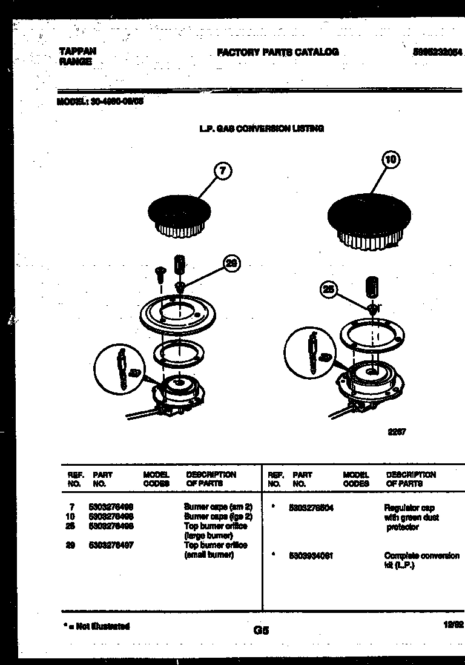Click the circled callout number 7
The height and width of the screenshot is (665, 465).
click(223, 171)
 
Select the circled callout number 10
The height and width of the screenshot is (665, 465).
click(391, 160)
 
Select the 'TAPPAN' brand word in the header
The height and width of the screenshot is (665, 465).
click(78, 51)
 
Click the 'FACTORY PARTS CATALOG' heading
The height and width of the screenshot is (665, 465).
click(277, 53)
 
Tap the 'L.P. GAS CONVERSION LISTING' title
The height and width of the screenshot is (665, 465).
click(262, 128)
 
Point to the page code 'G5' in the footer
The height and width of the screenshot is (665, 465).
click(260, 630)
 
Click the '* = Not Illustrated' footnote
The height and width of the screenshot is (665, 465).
click(96, 626)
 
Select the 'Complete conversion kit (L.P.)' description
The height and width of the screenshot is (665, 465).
click(421, 560)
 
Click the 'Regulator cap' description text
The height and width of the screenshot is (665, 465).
click(409, 508)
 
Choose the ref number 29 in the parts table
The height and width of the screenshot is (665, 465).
click(71, 545)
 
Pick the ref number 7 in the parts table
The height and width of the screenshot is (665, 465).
click(71, 506)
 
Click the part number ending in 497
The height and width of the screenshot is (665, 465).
click(111, 545)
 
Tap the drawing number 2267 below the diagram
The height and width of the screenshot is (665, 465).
click(397, 432)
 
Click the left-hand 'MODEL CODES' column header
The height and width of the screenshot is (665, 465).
click(156, 479)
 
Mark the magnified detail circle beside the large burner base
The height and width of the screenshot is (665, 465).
click(309, 352)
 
